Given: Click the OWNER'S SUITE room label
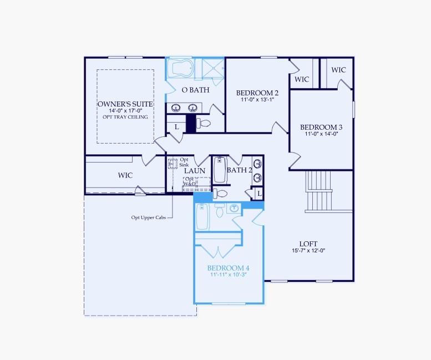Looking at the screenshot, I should pos(125,104).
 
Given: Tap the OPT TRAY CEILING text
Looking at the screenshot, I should pos(125,117).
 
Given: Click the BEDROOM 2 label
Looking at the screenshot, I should pos(257,93).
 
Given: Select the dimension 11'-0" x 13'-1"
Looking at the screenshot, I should pos(257,100).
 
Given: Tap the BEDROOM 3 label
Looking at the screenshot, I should pos(321,126).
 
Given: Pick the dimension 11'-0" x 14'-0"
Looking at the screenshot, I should pos(321,134).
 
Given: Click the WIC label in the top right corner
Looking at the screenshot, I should pos(338,70).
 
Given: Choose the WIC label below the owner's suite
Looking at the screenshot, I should pos(125,175).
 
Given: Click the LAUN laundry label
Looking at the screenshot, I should pos(195,171).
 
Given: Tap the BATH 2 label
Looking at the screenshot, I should pos(239,170).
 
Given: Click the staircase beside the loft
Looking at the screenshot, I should pos(321,190).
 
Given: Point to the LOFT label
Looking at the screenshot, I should pos(308,243).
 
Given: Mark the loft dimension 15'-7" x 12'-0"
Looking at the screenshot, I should pos(308,250).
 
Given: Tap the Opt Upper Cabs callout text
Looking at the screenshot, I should pos(148,217).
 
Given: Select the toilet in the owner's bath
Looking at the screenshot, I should pos(204,123).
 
